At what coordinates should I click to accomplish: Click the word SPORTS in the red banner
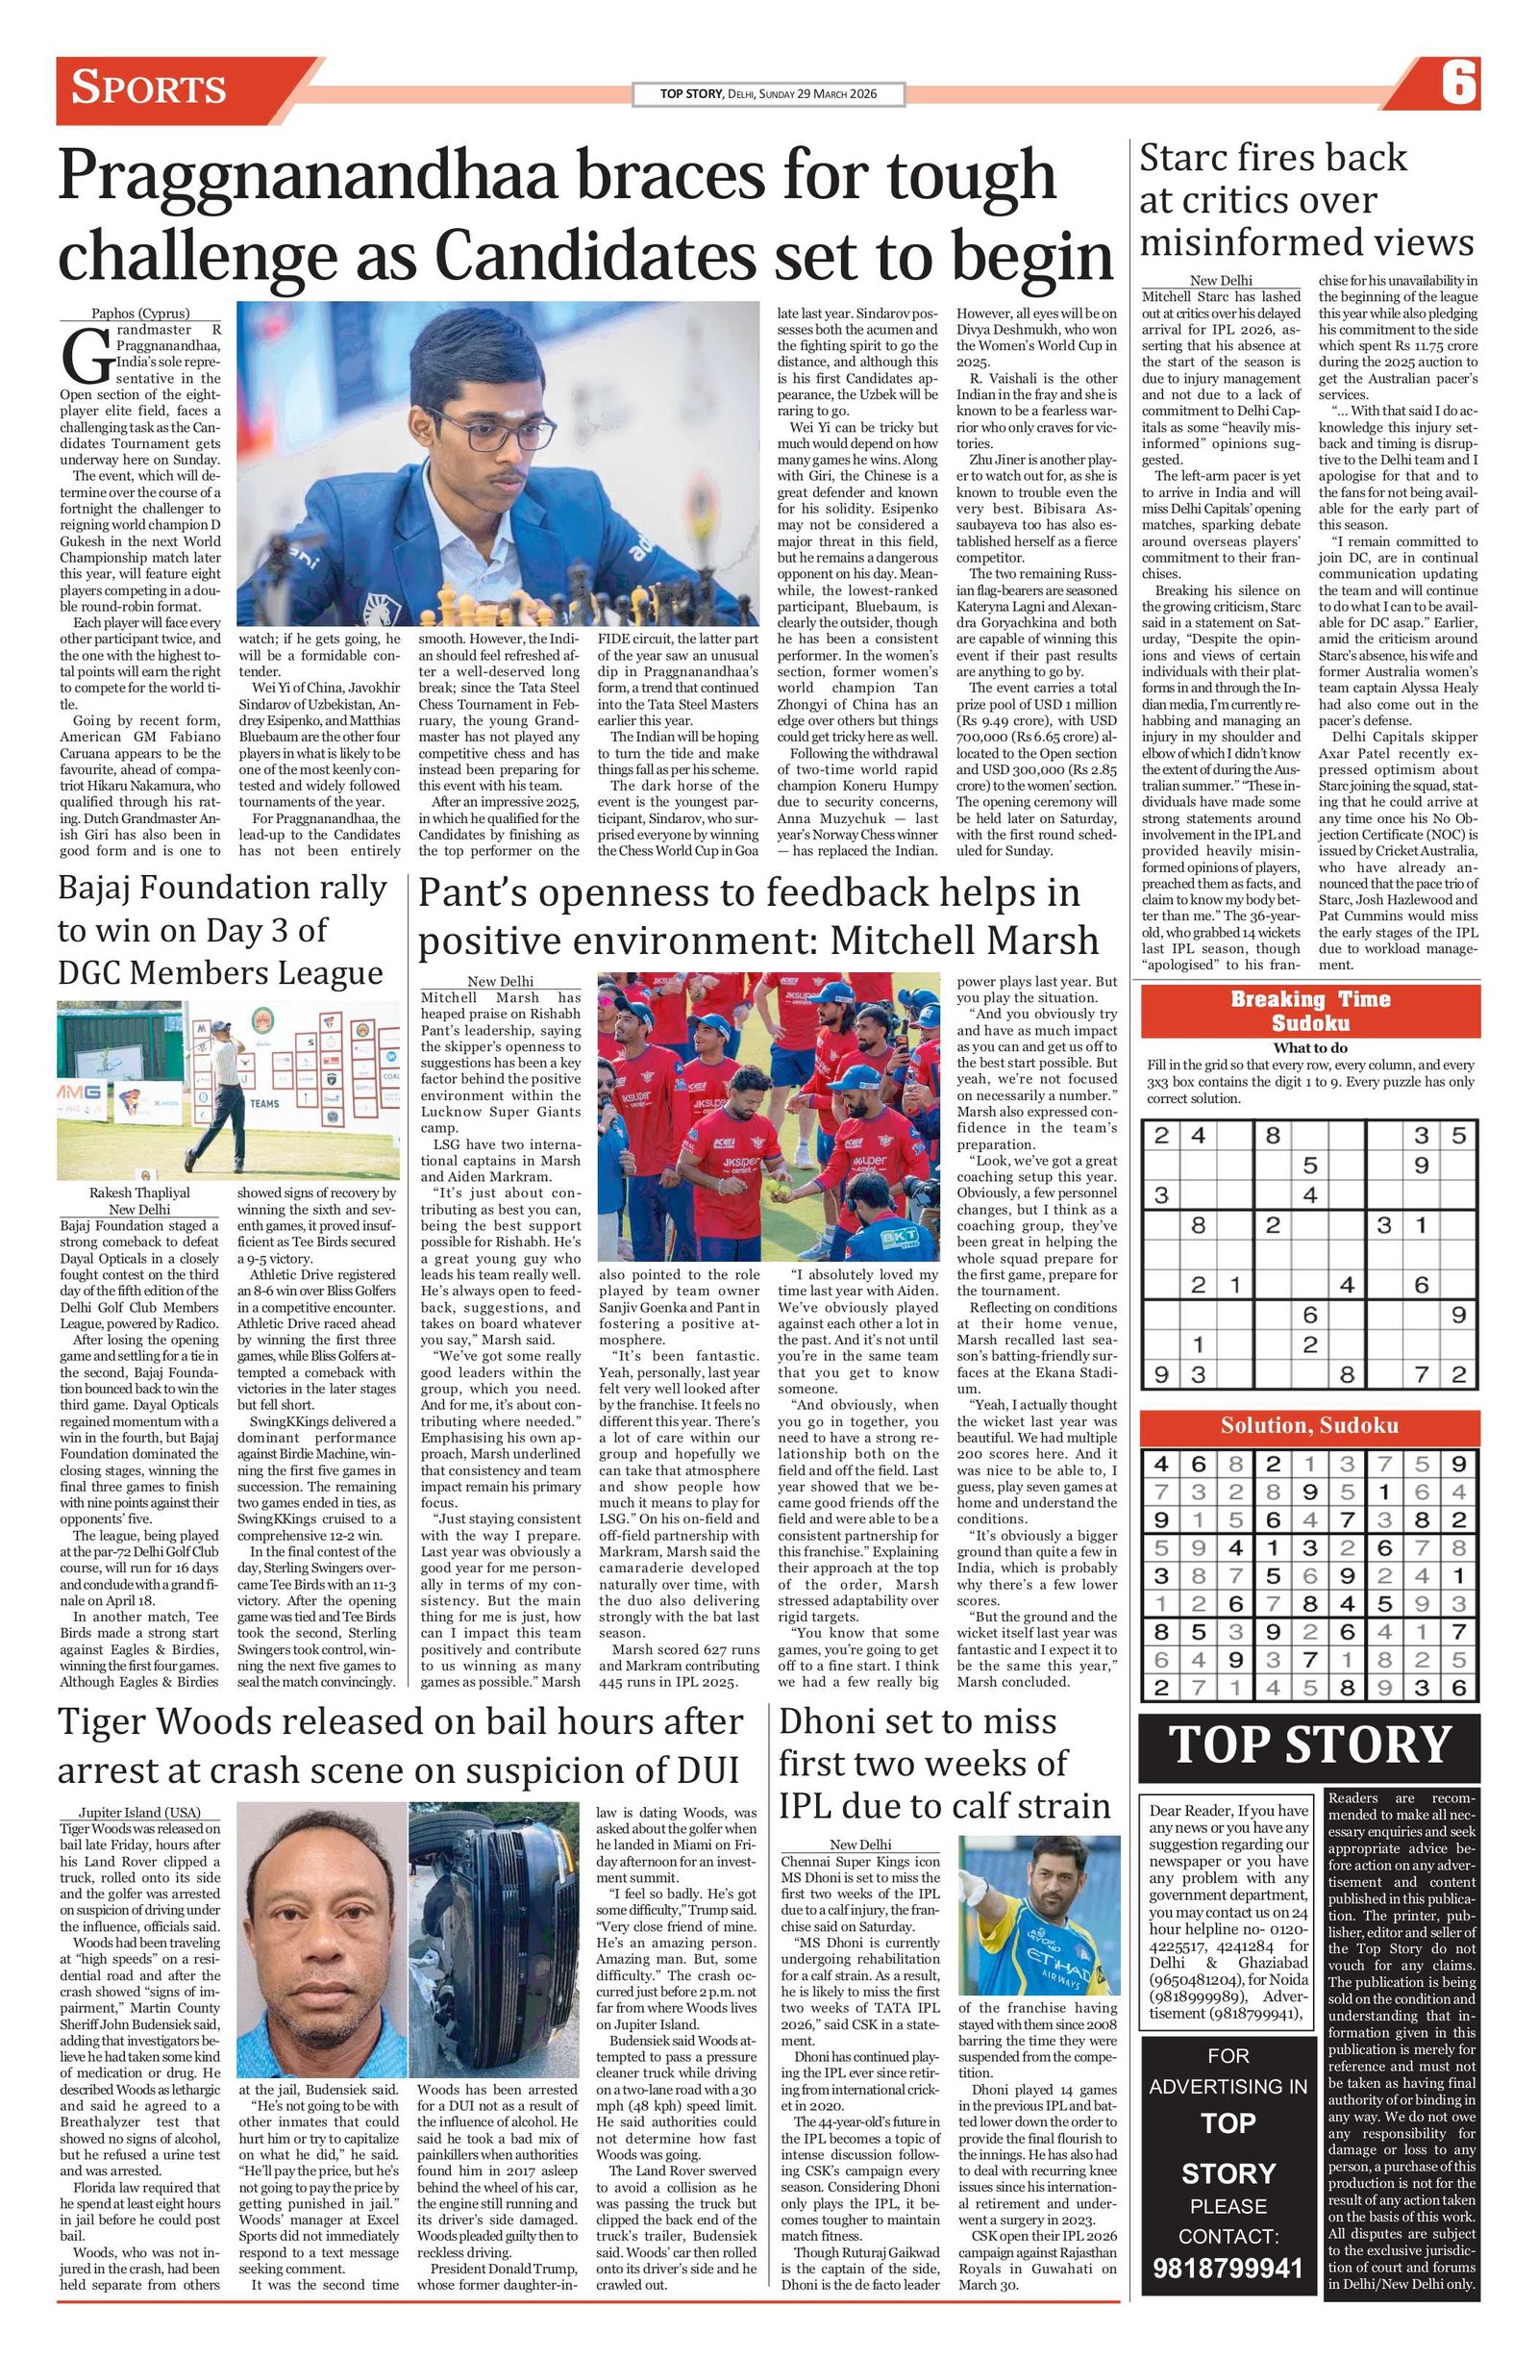[150, 88]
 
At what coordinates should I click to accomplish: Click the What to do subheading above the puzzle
[1309, 1047]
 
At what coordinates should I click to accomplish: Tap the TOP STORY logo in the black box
[1309, 1745]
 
